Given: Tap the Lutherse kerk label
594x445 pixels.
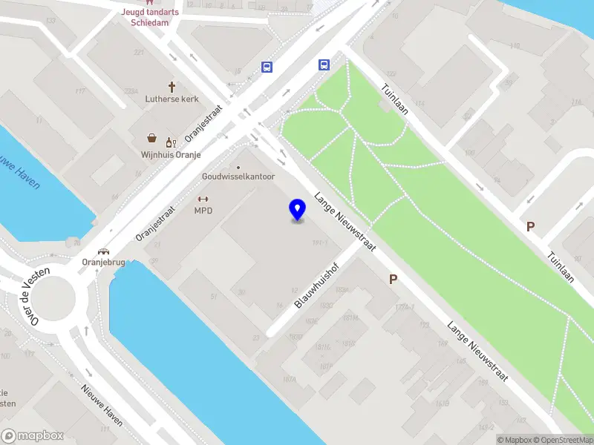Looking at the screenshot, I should tap(172, 99).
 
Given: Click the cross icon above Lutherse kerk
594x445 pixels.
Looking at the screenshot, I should tap(172, 86).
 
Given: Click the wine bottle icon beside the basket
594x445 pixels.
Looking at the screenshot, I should tap(169, 141).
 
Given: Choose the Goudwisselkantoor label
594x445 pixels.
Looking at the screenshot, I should tap(238, 177).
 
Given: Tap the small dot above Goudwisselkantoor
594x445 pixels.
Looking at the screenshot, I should tap(238, 167).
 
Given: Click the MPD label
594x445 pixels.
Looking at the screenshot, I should tap(203, 211).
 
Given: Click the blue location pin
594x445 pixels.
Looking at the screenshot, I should tap(298, 210).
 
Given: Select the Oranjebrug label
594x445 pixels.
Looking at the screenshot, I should tap(103, 262).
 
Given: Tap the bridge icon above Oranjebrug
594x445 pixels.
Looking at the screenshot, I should tap(103, 251).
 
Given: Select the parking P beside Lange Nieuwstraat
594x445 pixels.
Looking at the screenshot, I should tap(393, 280).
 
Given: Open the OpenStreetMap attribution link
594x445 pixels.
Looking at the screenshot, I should tap(564, 440).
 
